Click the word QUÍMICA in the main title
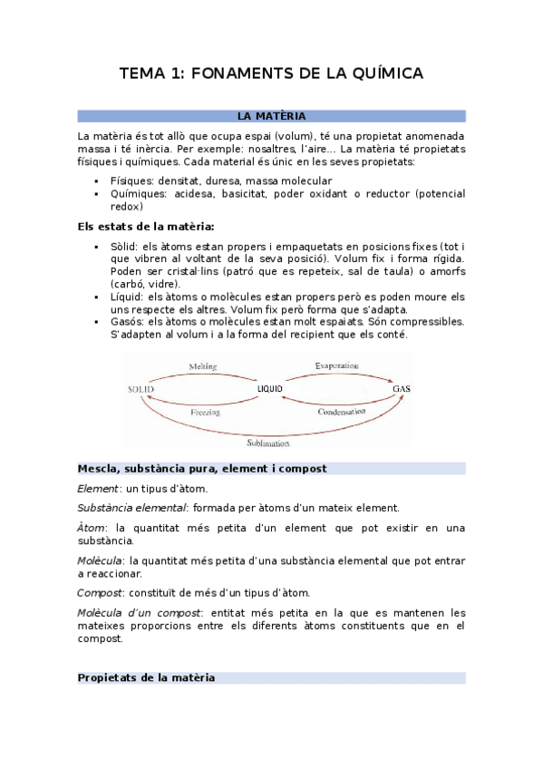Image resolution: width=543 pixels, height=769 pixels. pyautogui.click(x=379, y=73)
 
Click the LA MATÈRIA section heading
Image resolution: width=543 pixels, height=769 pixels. pyautogui.click(x=271, y=116)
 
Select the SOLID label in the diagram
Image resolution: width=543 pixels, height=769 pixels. pyautogui.click(x=141, y=389)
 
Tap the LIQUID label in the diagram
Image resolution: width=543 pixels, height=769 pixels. pyautogui.click(x=270, y=389)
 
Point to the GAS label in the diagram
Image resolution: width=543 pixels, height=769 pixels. pyautogui.click(x=402, y=389)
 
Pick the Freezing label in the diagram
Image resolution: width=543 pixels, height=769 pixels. pyautogui.click(x=206, y=412)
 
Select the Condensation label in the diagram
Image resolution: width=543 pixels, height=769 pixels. pyautogui.click(x=342, y=413)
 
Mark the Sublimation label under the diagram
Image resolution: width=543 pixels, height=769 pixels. pyautogui.click(x=268, y=443)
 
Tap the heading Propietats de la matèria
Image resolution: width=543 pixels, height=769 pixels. pyautogui.click(x=146, y=677)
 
